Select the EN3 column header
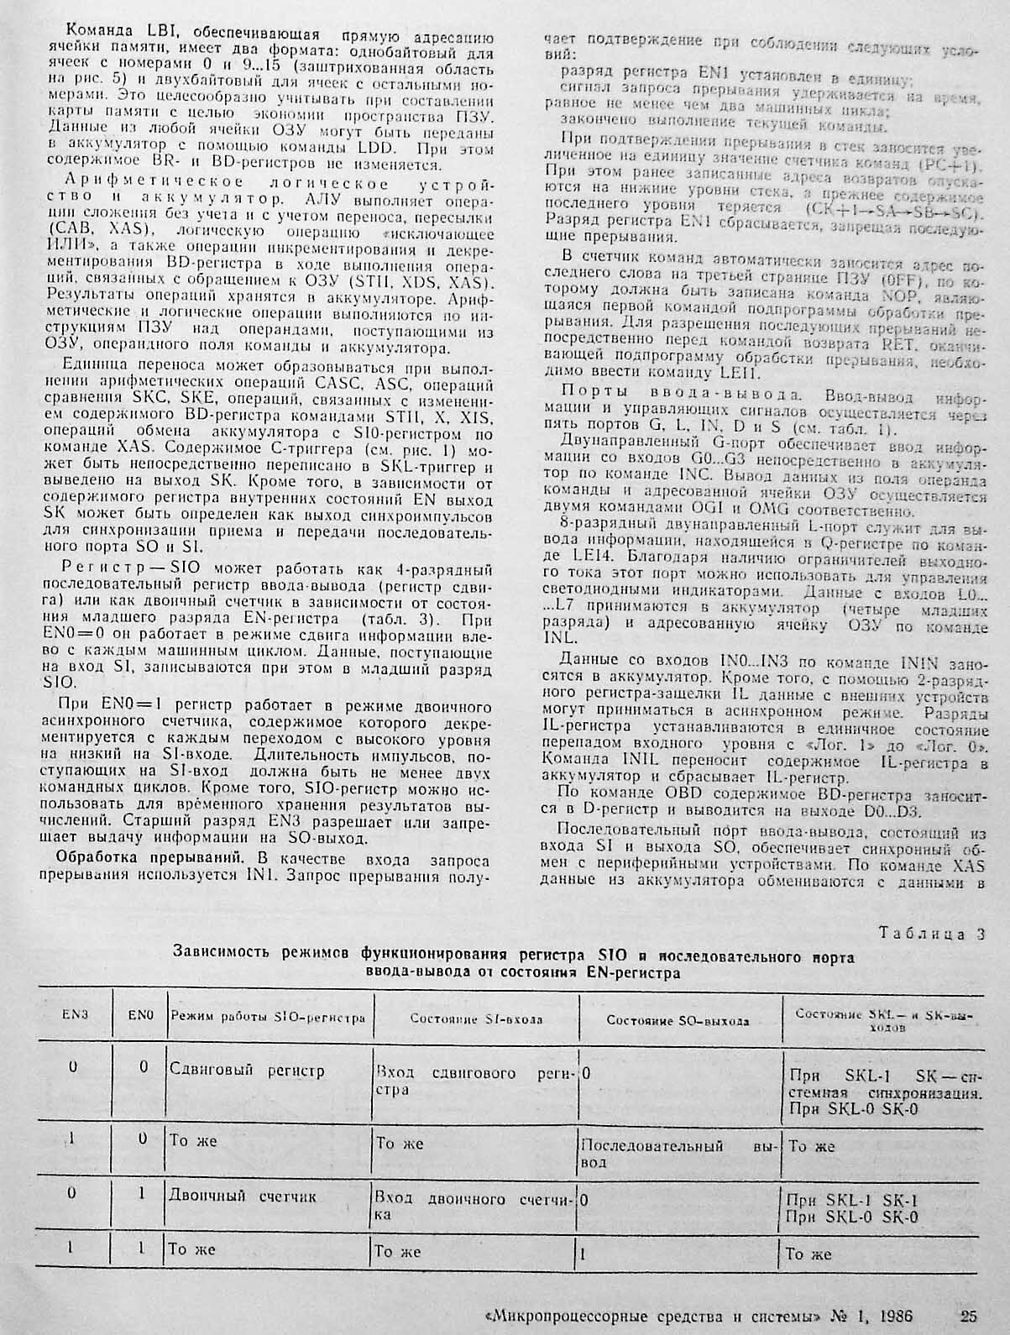75,1014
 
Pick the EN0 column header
141,1014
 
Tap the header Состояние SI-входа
475,1019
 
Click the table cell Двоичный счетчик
242,1196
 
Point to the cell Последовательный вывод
679,1153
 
